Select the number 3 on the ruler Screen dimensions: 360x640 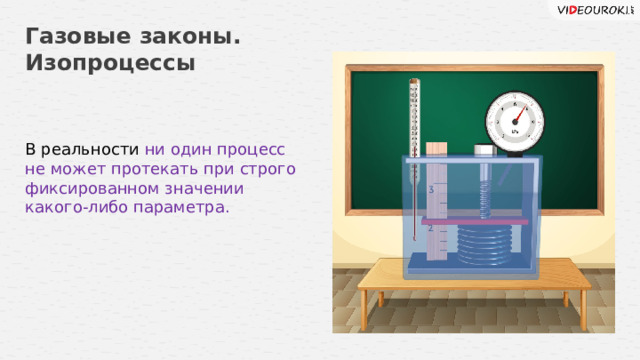[430, 189]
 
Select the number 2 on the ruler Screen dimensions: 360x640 [430, 229]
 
